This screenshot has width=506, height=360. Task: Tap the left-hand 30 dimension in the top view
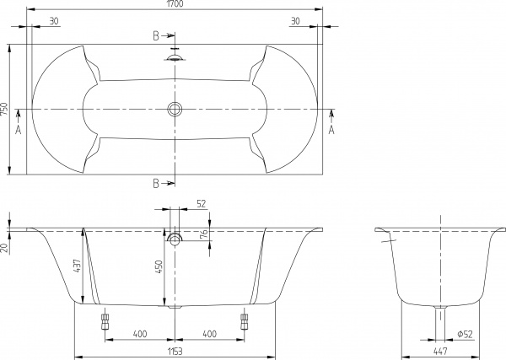click(53, 22)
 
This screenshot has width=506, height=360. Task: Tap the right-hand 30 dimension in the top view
click(294, 22)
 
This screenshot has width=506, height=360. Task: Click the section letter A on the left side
click(19, 131)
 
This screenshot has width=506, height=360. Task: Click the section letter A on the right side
click(331, 131)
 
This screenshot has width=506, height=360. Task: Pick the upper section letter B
click(157, 36)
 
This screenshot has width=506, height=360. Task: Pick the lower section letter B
click(157, 183)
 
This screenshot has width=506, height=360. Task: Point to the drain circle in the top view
click(175, 110)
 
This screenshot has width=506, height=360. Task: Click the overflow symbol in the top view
click(175, 57)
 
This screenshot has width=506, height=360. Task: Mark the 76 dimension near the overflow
click(203, 234)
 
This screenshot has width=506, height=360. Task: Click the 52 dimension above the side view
click(201, 204)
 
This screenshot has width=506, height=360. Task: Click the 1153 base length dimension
click(175, 351)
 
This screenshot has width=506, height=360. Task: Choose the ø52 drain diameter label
click(465, 335)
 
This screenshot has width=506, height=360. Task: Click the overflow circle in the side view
click(175, 239)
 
